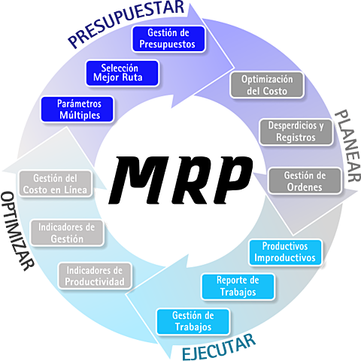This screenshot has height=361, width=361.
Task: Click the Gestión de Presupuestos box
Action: pos(168,38)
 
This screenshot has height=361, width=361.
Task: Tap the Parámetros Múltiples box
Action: pos(79,109)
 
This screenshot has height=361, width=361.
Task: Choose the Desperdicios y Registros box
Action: pos(296,132)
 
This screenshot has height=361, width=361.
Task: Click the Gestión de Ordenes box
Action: pos(304,181)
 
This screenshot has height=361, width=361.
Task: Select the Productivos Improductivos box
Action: pos(284,252)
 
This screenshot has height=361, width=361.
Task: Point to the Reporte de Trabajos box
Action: pos(238,286)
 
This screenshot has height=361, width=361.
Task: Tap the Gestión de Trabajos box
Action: pos(194,321)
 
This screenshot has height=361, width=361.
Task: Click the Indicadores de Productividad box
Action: pos(95,276)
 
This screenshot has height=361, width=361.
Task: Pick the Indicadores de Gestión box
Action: pos(67,232)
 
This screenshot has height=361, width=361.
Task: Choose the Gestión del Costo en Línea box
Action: pos(56,184)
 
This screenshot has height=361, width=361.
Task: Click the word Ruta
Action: pos(142,77)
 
